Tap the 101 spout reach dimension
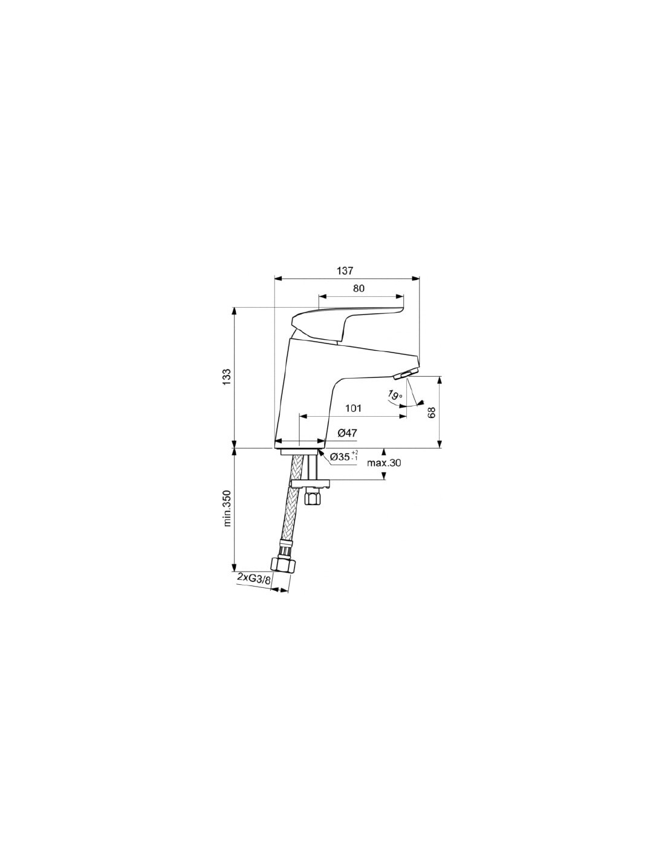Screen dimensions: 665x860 353,408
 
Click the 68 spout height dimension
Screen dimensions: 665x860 432,412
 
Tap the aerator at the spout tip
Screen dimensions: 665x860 405,373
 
